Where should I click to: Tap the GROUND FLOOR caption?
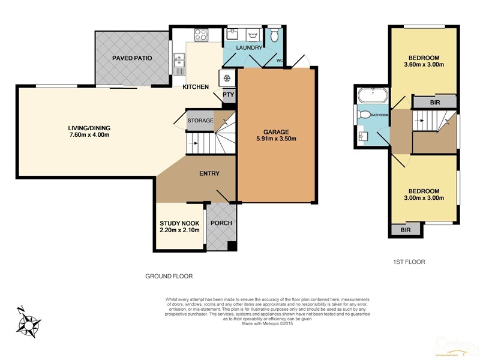(169, 277)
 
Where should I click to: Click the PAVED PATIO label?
(131, 58)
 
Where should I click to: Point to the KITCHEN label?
(196, 87)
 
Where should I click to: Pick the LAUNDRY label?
(248, 47)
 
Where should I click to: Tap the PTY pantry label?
(228, 94)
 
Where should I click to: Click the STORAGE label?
(200, 121)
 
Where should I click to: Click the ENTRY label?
(209, 174)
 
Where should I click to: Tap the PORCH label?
(220, 223)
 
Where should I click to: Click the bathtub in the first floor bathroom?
(373, 95)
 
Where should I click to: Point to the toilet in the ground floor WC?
(275, 35)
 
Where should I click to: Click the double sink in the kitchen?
(179, 61)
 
